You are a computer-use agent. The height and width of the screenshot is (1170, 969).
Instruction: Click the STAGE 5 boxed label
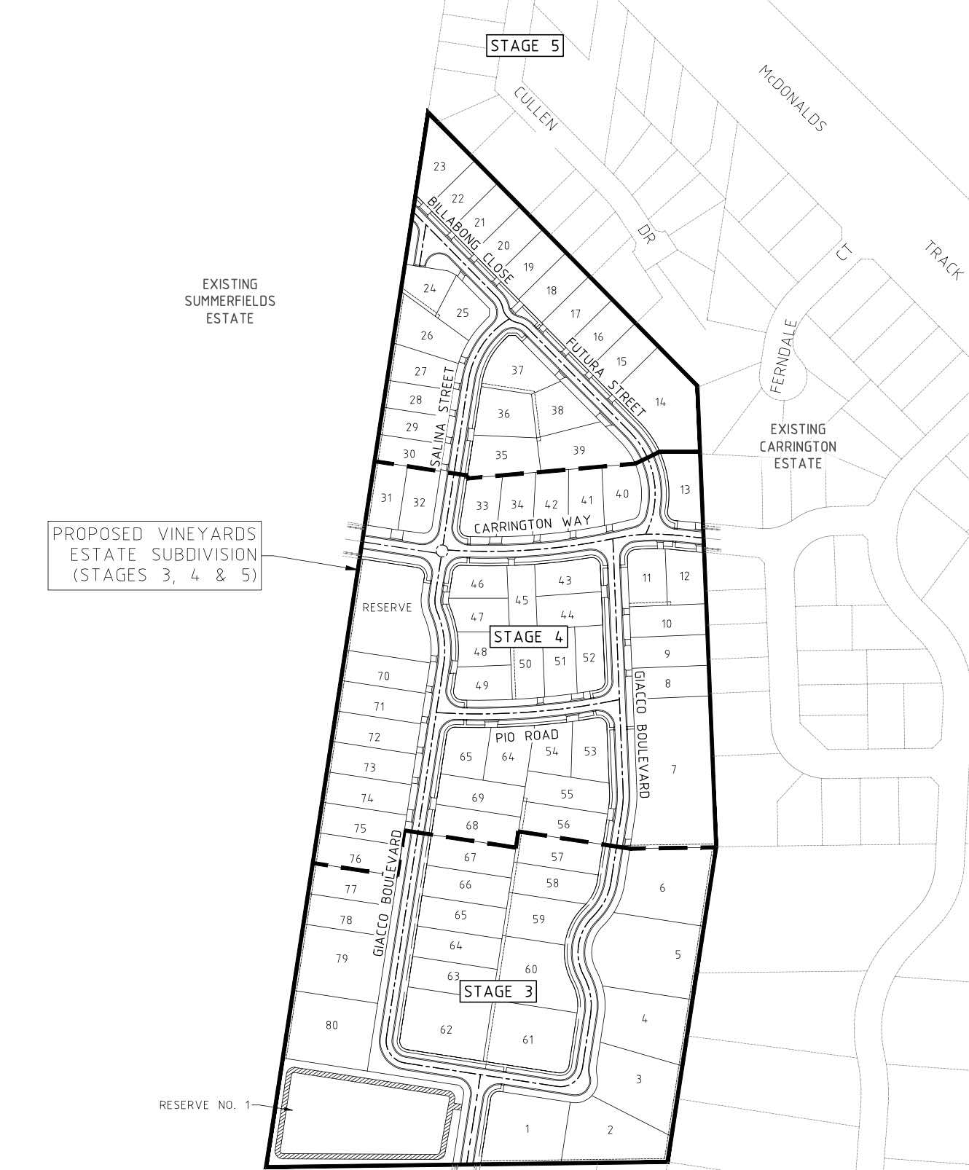coord(525,46)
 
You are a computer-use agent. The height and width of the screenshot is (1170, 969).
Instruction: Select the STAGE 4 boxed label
coord(528,637)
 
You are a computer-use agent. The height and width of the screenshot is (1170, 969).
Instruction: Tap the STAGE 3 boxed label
coord(498,991)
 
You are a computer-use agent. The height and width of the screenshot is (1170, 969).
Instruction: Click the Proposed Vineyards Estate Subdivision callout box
coord(154,554)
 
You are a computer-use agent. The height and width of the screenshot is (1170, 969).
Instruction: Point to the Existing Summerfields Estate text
coord(229,301)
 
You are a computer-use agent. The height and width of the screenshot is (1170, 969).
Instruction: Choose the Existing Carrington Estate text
coord(798,446)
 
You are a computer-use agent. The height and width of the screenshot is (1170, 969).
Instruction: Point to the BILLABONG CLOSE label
coord(471,240)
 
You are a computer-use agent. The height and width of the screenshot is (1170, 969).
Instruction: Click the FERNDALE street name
coord(782,356)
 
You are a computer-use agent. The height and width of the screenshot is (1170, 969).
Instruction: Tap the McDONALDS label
coord(792,98)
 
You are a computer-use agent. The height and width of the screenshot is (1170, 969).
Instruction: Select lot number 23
coord(439,167)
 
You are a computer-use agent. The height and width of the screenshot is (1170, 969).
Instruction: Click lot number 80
coord(331,1025)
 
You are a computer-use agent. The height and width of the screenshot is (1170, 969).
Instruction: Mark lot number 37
coord(517,370)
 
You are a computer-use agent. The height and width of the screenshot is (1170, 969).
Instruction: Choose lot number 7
coord(674,769)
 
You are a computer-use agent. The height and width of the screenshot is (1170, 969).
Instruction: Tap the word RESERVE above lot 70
coord(387,607)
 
